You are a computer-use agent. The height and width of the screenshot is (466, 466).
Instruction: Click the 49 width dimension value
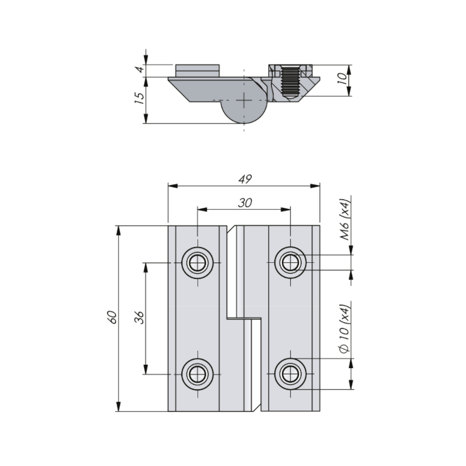pos(245,179)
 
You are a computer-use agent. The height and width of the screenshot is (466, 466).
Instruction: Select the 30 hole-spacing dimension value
pos(245,203)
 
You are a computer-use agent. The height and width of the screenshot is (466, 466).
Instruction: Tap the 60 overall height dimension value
pos(112,317)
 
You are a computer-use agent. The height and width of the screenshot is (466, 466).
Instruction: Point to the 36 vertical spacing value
pos(139,317)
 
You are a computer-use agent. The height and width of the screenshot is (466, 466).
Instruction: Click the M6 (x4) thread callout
pos(345,220)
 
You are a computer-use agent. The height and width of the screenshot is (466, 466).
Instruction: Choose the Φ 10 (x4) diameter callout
pos(345,329)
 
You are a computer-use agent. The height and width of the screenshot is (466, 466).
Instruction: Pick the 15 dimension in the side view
pos(139,98)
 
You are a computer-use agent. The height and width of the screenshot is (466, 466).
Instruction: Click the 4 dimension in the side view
pos(140,69)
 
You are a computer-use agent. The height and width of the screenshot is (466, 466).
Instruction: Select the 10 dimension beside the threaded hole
pos(343,78)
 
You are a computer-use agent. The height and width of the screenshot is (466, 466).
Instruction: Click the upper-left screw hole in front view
pos(197,263)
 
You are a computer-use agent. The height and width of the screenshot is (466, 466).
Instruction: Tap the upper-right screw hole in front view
pos(290,263)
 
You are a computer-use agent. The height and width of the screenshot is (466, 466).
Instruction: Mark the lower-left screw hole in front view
pos(197,374)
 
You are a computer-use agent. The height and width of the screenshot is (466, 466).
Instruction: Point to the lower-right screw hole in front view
pos(290,374)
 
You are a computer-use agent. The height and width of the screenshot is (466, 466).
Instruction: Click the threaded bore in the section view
pos(290,82)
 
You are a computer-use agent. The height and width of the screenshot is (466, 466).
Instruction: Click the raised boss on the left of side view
pos(197,70)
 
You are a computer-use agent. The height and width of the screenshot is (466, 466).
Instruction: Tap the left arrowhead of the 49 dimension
pos(173,186)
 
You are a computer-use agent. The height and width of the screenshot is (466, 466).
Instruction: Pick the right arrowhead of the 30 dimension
pos(285,210)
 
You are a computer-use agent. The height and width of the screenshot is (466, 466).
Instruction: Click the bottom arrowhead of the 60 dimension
pos(119,407)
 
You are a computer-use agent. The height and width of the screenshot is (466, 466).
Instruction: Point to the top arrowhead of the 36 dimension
pos(146,267)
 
